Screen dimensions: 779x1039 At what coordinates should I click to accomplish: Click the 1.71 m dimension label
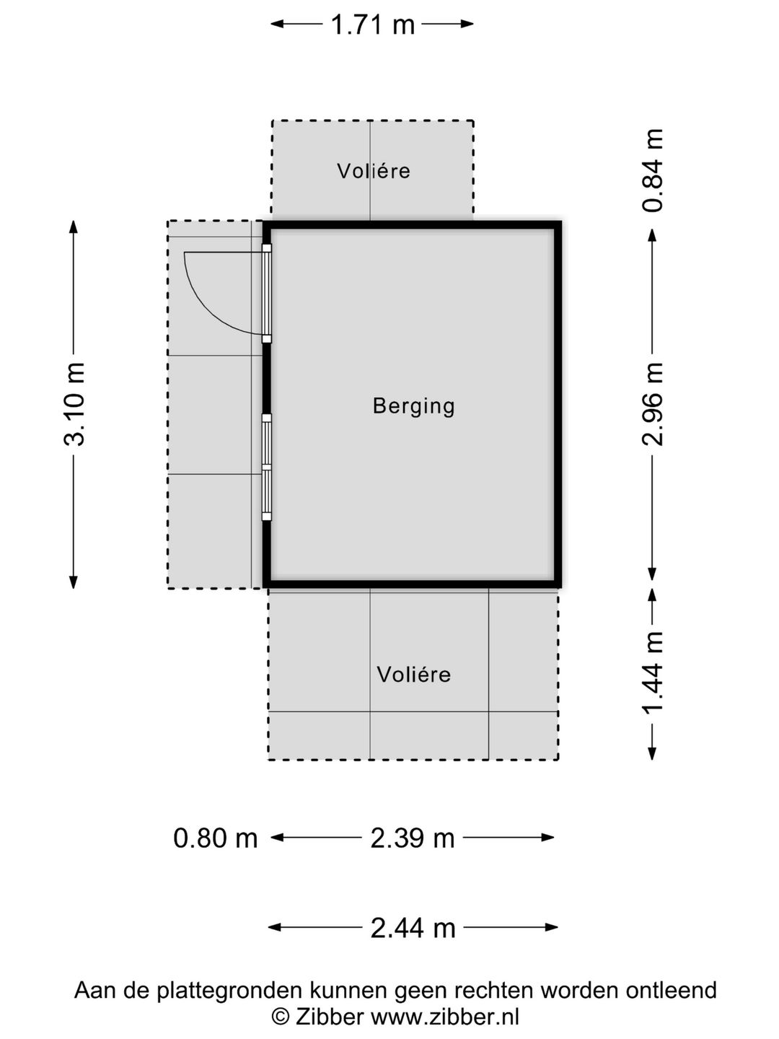pyautogui.click(x=372, y=25)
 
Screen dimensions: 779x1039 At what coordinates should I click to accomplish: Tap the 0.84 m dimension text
pyautogui.click(x=653, y=170)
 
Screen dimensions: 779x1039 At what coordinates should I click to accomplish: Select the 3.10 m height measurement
pyautogui.click(x=74, y=404)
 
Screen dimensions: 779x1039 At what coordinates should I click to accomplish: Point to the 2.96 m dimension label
pyautogui.click(x=653, y=404)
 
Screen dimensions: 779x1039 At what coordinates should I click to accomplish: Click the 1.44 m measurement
pyautogui.click(x=653, y=672)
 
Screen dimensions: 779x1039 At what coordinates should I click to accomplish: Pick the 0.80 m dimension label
pyautogui.click(x=215, y=838)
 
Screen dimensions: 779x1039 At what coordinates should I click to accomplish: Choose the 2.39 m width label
pyautogui.click(x=413, y=838)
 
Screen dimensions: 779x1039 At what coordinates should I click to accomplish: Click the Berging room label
pyautogui.click(x=414, y=407)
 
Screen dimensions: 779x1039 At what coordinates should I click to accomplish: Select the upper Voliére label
pyautogui.click(x=374, y=171)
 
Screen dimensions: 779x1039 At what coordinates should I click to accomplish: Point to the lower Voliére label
pyautogui.click(x=414, y=674)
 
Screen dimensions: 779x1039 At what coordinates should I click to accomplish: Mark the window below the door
pyautogui.click(x=267, y=468)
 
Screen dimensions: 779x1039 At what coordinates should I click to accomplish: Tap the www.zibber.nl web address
pyautogui.click(x=445, y=1016)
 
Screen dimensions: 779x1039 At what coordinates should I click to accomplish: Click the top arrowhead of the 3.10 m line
pyautogui.click(x=74, y=227)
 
